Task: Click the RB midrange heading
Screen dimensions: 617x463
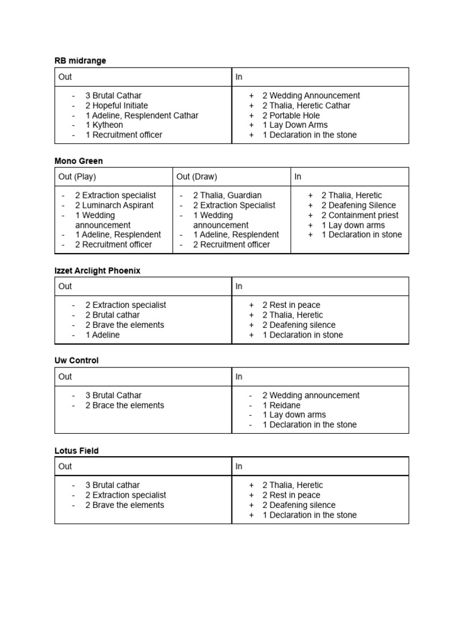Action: pyautogui.click(x=80, y=61)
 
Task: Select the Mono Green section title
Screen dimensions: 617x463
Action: pyautogui.click(x=78, y=161)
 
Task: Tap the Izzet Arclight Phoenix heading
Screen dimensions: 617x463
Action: pyautogui.click(x=97, y=271)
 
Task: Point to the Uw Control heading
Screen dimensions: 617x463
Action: pyautogui.click(x=77, y=360)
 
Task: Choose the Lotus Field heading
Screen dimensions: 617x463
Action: pyautogui.click(x=77, y=450)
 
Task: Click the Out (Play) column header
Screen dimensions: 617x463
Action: pyautogui.click(x=77, y=177)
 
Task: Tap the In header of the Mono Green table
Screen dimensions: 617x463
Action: pyautogui.click(x=298, y=177)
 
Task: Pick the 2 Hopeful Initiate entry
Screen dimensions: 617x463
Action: pyautogui.click(x=116, y=105)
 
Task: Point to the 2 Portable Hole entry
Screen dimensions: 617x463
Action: pyautogui.click(x=291, y=115)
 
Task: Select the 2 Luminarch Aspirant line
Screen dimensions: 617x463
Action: pyautogui.click(x=115, y=205)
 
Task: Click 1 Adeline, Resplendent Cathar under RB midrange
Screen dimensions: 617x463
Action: pyautogui.click(x=142, y=115)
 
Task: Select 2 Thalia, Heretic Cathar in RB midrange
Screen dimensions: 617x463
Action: pyautogui.click(x=306, y=105)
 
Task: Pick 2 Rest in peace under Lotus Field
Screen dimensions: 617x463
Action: pyautogui.click(x=291, y=495)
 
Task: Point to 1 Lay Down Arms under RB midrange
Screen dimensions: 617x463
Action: pyautogui.click(x=295, y=125)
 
